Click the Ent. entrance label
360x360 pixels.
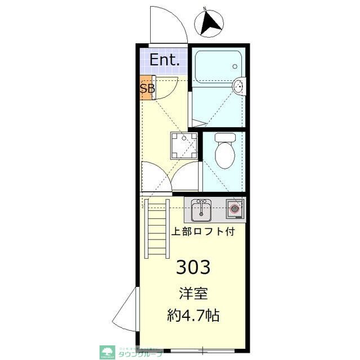point(164,60)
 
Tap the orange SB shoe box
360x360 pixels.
point(147,88)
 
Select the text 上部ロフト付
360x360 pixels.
point(202,231)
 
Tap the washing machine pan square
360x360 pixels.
point(184,145)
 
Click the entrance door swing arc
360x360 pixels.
point(169,25)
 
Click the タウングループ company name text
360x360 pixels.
point(141,354)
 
